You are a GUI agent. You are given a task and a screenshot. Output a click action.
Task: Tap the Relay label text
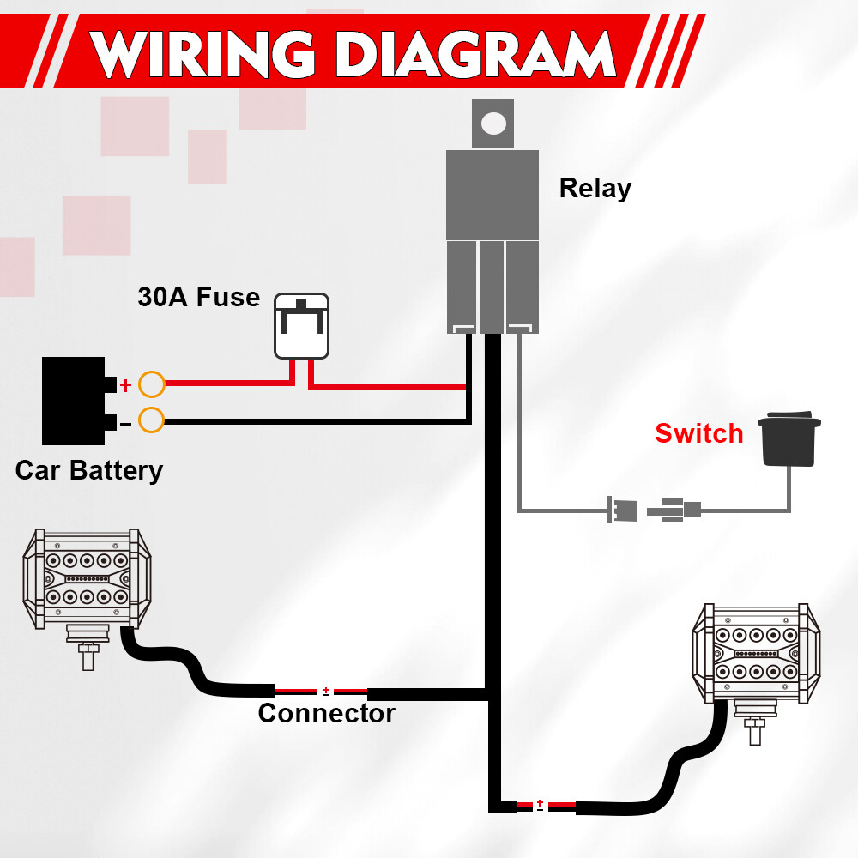pos(595,188)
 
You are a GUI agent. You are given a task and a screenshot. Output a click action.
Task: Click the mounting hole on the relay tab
pos(493,123)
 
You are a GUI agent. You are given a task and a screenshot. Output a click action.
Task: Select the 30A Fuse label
pos(198,297)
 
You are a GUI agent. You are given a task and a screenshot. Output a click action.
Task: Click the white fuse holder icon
pos(301,326)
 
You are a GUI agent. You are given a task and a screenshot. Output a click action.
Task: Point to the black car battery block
pos(73,401)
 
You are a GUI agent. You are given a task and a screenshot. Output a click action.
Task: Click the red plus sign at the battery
pos(125,385)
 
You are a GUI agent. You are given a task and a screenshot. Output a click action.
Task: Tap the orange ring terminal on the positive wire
pos(152,384)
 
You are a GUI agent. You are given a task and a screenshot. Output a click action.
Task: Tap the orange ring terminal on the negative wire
pos(152,420)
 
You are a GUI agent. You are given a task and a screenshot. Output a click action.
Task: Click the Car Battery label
pos(88,470)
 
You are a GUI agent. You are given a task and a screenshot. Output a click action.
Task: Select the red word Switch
pos(698,433)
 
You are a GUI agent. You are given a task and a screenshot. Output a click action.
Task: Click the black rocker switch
pos(789,439)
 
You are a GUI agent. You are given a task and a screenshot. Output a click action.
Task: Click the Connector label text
pos(326,713)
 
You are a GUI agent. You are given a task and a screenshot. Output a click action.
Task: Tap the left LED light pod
pos(86,578)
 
